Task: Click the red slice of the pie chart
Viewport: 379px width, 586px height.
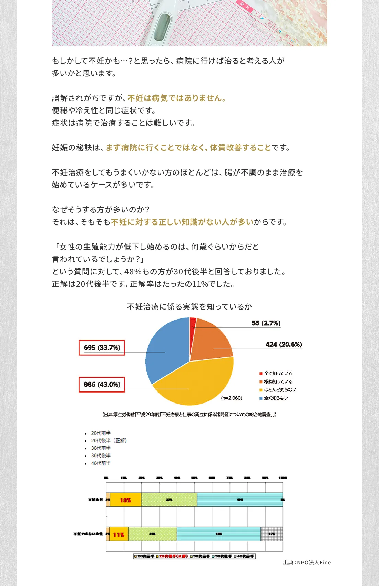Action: coord(193,322)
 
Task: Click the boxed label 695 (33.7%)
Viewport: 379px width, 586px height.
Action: coord(102,348)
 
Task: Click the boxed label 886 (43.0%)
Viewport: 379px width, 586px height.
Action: coord(102,385)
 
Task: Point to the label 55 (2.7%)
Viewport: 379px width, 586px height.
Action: coord(266,323)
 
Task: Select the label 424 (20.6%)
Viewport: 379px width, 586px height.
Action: coord(284,344)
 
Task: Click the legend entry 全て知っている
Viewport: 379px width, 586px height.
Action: coord(278,373)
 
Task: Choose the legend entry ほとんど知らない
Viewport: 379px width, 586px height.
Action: coord(280,390)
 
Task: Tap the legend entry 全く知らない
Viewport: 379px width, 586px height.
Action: coord(276,398)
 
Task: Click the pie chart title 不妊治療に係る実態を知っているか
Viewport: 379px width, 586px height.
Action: coord(189,306)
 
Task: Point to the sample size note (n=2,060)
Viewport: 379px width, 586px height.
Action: coord(232,398)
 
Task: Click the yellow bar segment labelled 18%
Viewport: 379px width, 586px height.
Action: coord(125,500)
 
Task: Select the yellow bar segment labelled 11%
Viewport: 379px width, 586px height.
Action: coord(119,534)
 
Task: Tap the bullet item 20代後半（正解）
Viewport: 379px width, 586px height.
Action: coord(109,440)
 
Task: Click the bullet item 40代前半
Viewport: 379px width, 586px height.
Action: coord(101,463)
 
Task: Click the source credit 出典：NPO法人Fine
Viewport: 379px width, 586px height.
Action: coord(307,562)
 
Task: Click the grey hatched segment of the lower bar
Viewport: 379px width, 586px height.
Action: coord(272,534)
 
